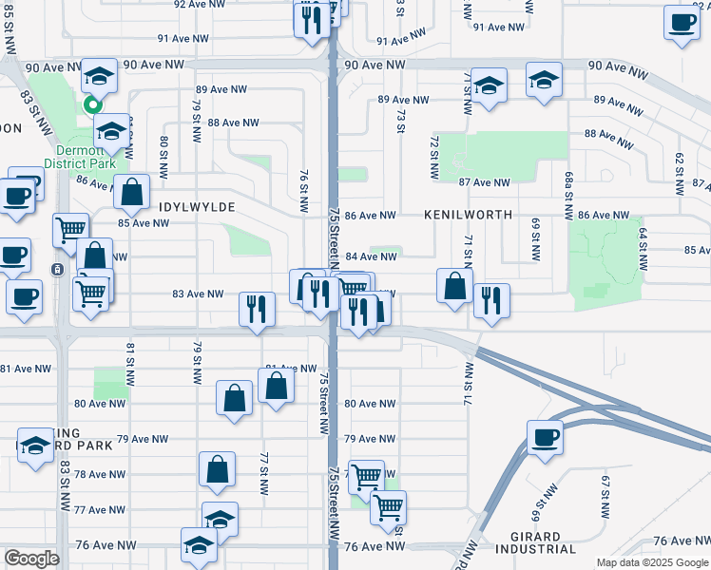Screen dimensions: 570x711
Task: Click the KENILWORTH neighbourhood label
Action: (469, 216)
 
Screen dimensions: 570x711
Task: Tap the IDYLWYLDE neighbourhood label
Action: (196, 206)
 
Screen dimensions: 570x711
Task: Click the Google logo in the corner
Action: (30, 559)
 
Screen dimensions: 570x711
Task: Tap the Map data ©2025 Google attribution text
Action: (653, 562)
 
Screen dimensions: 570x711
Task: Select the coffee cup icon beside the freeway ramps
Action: (546, 437)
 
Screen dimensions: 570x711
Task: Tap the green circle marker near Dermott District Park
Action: (93, 105)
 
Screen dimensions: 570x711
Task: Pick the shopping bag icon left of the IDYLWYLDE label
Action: (131, 191)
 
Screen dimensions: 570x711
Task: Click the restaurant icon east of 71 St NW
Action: (490, 301)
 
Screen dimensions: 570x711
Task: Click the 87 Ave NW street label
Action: (485, 182)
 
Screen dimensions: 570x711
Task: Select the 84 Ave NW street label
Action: (370, 256)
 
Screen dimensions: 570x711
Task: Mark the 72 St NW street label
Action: (433, 158)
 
